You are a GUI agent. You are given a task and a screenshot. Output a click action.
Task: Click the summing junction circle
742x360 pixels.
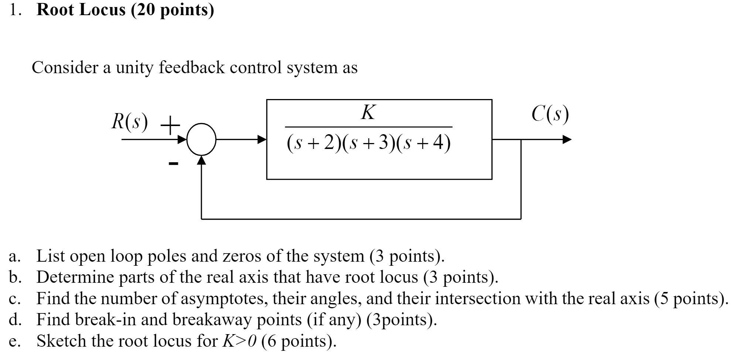(201, 139)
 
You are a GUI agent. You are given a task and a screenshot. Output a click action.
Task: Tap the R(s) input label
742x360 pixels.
(130, 121)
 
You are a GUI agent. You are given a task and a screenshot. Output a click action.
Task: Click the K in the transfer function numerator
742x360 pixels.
(368, 112)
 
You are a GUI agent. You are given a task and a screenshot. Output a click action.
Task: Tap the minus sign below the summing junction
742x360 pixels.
(173, 163)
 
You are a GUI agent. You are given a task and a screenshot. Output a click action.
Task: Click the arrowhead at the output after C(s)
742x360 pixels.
(567, 140)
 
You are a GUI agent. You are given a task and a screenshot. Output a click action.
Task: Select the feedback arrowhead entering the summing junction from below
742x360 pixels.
(201, 160)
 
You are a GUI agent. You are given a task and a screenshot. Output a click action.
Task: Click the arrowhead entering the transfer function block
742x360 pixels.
(262, 140)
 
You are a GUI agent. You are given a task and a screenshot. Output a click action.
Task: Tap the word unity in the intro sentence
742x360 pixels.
(133, 68)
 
